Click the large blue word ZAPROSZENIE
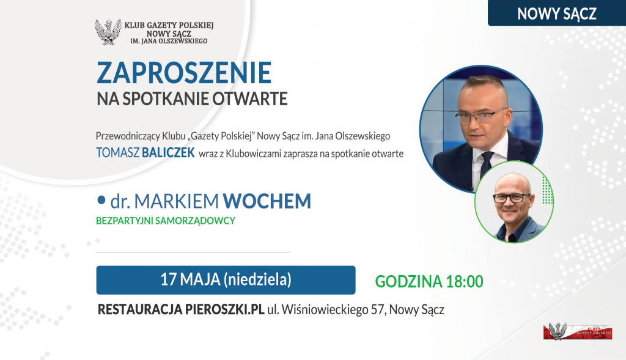coord(184,73)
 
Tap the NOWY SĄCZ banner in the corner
coord(557,13)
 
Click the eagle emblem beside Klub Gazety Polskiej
coord(108,32)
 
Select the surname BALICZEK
coord(169,152)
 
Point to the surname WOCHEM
coord(267,200)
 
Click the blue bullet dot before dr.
coord(101,199)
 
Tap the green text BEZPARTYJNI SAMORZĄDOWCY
coord(166,221)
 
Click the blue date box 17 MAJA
coord(226,280)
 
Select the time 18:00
coord(465,281)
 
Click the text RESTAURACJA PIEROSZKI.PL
coord(181,309)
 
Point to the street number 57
coord(377,309)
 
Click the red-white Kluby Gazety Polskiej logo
coord(578,331)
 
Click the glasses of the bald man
coord(512,197)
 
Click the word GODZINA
coord(408,281)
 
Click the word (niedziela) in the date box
coord(258,279)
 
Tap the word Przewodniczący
coord(128,136)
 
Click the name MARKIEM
coord(177,200)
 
